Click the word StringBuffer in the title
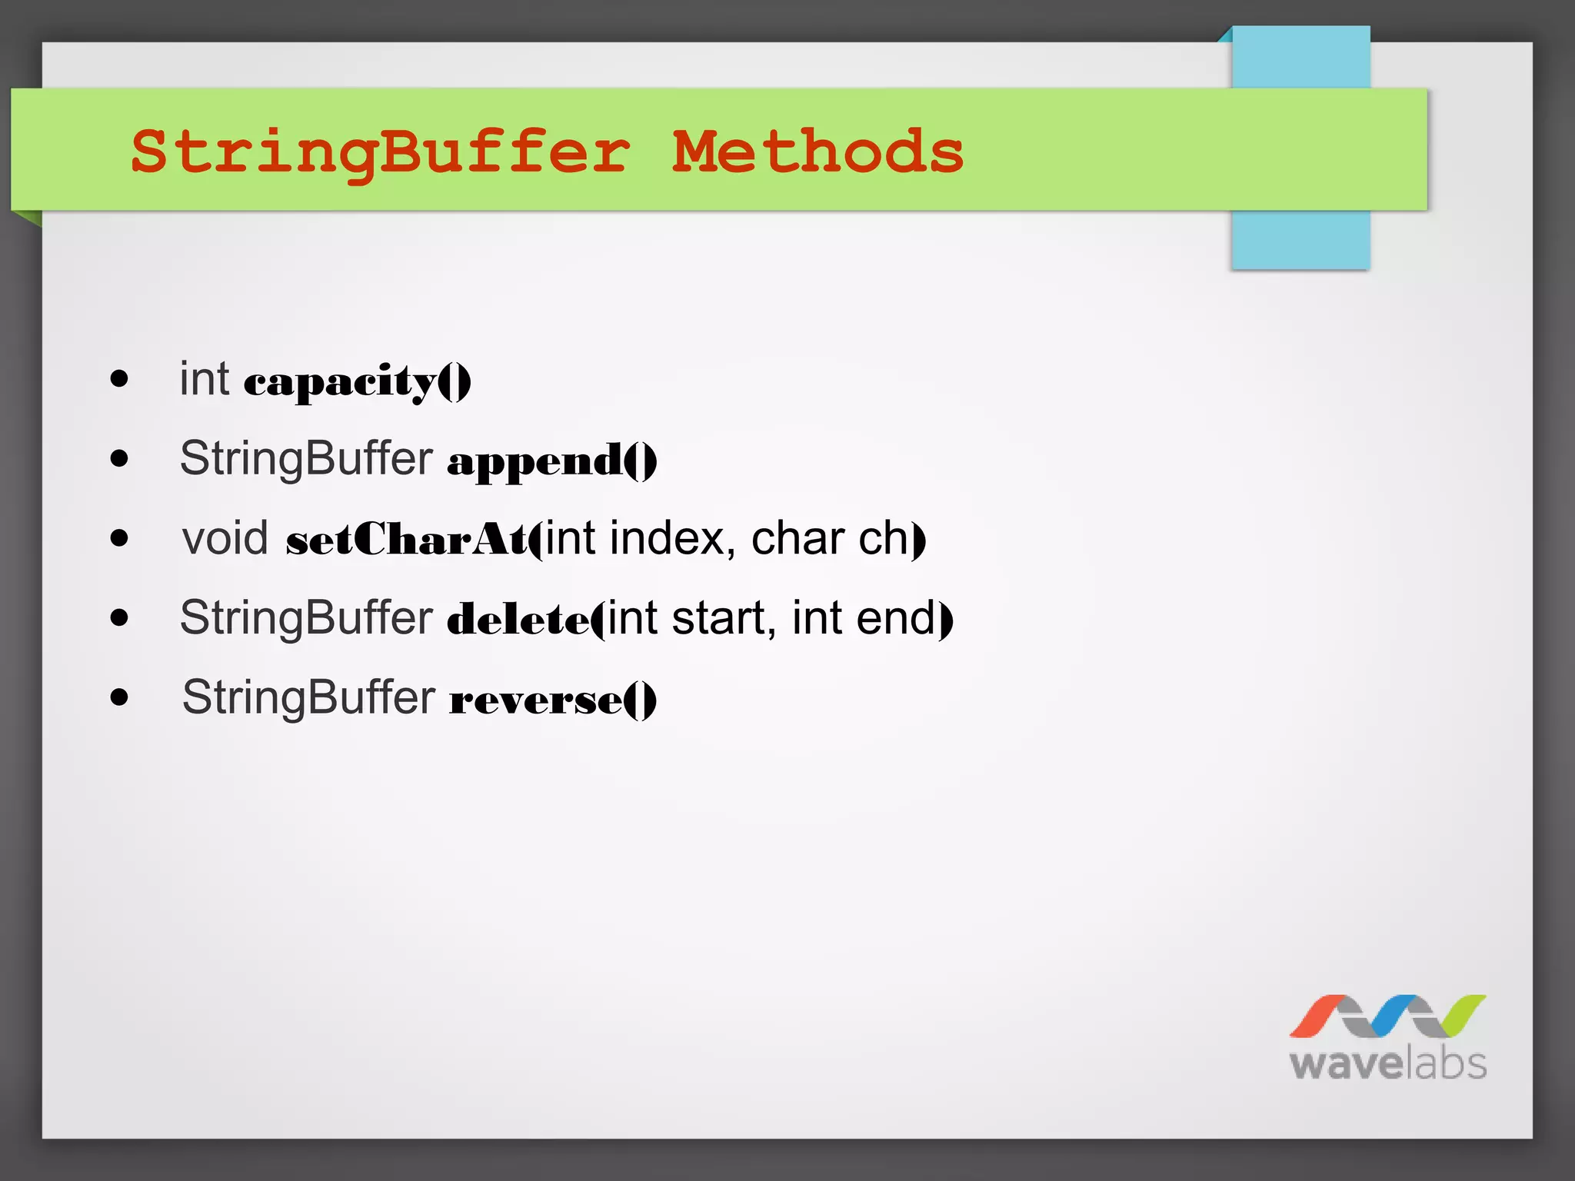point(381,151)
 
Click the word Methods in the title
point(817,151)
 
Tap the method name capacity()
point(357,381)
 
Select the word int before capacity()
point(204,378)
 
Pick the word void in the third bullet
point(225,537)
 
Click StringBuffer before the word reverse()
point(308,697)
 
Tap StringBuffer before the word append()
point(306,458)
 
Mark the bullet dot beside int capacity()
point(119,378)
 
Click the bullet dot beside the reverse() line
point(119,697)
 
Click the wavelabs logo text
point(1387,1064)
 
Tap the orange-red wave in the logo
point(1317,1015)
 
